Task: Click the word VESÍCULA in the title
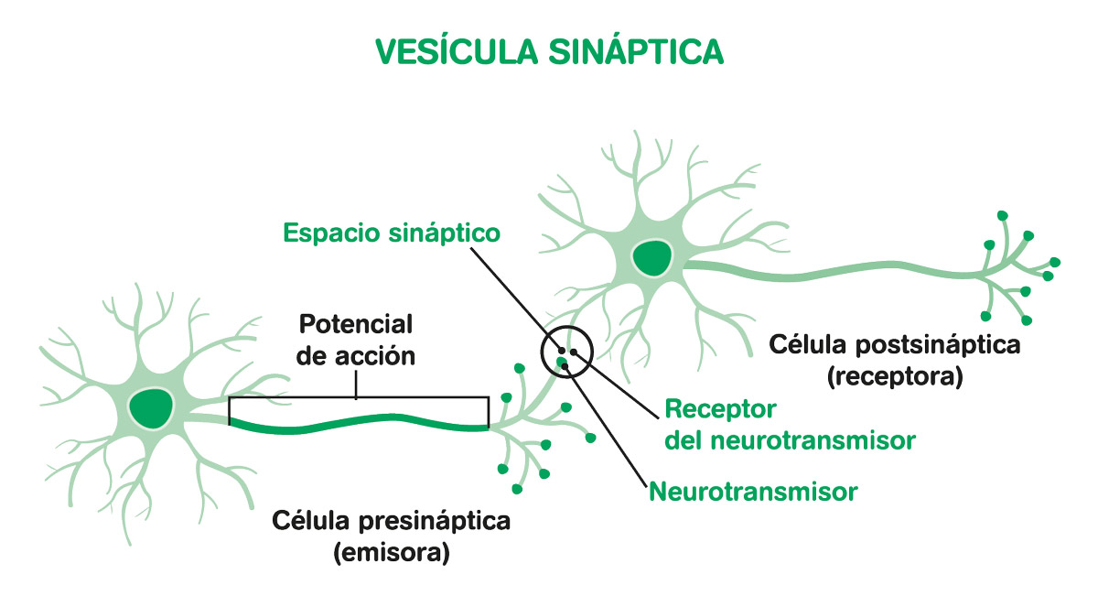[455, 51]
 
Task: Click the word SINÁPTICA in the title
[638, 51]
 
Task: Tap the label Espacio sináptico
[392, 233]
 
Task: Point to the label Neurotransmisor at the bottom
[753, 492]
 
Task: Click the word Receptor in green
[720, 407]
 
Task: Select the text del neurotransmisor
[790, 440]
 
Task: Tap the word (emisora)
[392, 553]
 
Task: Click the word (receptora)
[894, 376]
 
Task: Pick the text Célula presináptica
[392, 522]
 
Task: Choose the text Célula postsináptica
[894, 345]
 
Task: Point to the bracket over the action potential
[357, 398]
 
